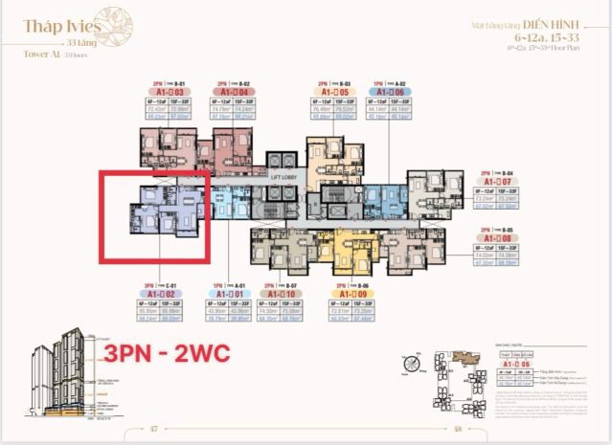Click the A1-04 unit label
pyautogui.click(x=237, y=92)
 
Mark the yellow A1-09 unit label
pyautogui.click(x=350, y=294)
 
